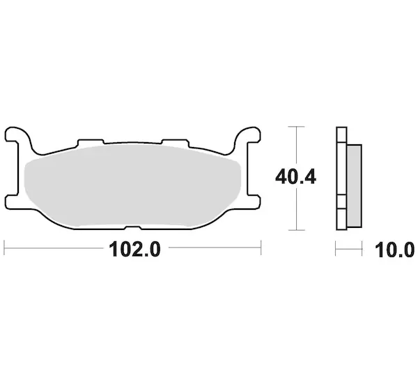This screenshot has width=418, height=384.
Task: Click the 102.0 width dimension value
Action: point(134,249)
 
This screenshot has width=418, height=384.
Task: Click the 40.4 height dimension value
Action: point(295,177)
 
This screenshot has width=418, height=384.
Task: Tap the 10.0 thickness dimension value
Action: point(394,250)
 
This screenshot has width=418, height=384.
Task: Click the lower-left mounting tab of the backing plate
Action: point(12,202)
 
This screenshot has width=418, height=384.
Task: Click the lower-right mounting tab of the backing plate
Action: point(254,202)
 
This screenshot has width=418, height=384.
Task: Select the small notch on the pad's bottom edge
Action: point(133,228)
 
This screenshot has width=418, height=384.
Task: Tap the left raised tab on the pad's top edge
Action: point(91,143)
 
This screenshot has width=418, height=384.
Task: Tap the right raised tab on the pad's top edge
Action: point(176,143)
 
